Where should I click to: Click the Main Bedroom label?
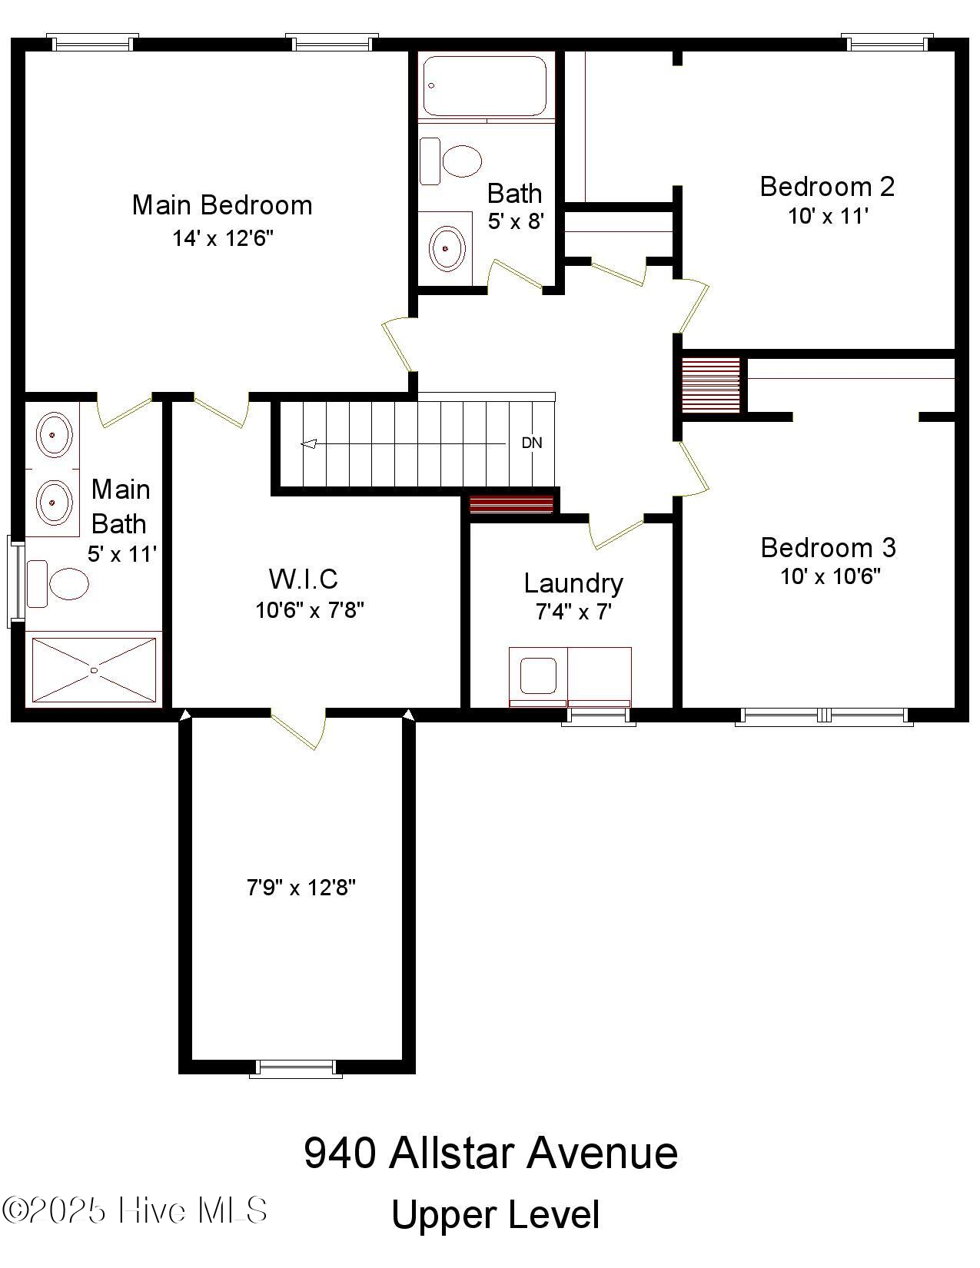(222, 205)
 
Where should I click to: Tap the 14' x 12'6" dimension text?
(223, 238)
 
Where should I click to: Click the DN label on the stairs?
(532, 443)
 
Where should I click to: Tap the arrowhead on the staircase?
(308, 443)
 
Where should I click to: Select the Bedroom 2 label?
(827, 187)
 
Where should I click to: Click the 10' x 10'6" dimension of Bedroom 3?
(830, 576)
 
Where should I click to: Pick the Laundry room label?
(573, 583)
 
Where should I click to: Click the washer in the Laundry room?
(538, 675)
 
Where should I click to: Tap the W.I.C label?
(303, 579)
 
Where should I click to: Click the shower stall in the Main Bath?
(94, 669)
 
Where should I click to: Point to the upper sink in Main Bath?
(53, 435)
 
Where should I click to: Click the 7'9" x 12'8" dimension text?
(301, 888)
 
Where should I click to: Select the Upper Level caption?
(495, 1215)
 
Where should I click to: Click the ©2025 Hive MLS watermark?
(135, 1210)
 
